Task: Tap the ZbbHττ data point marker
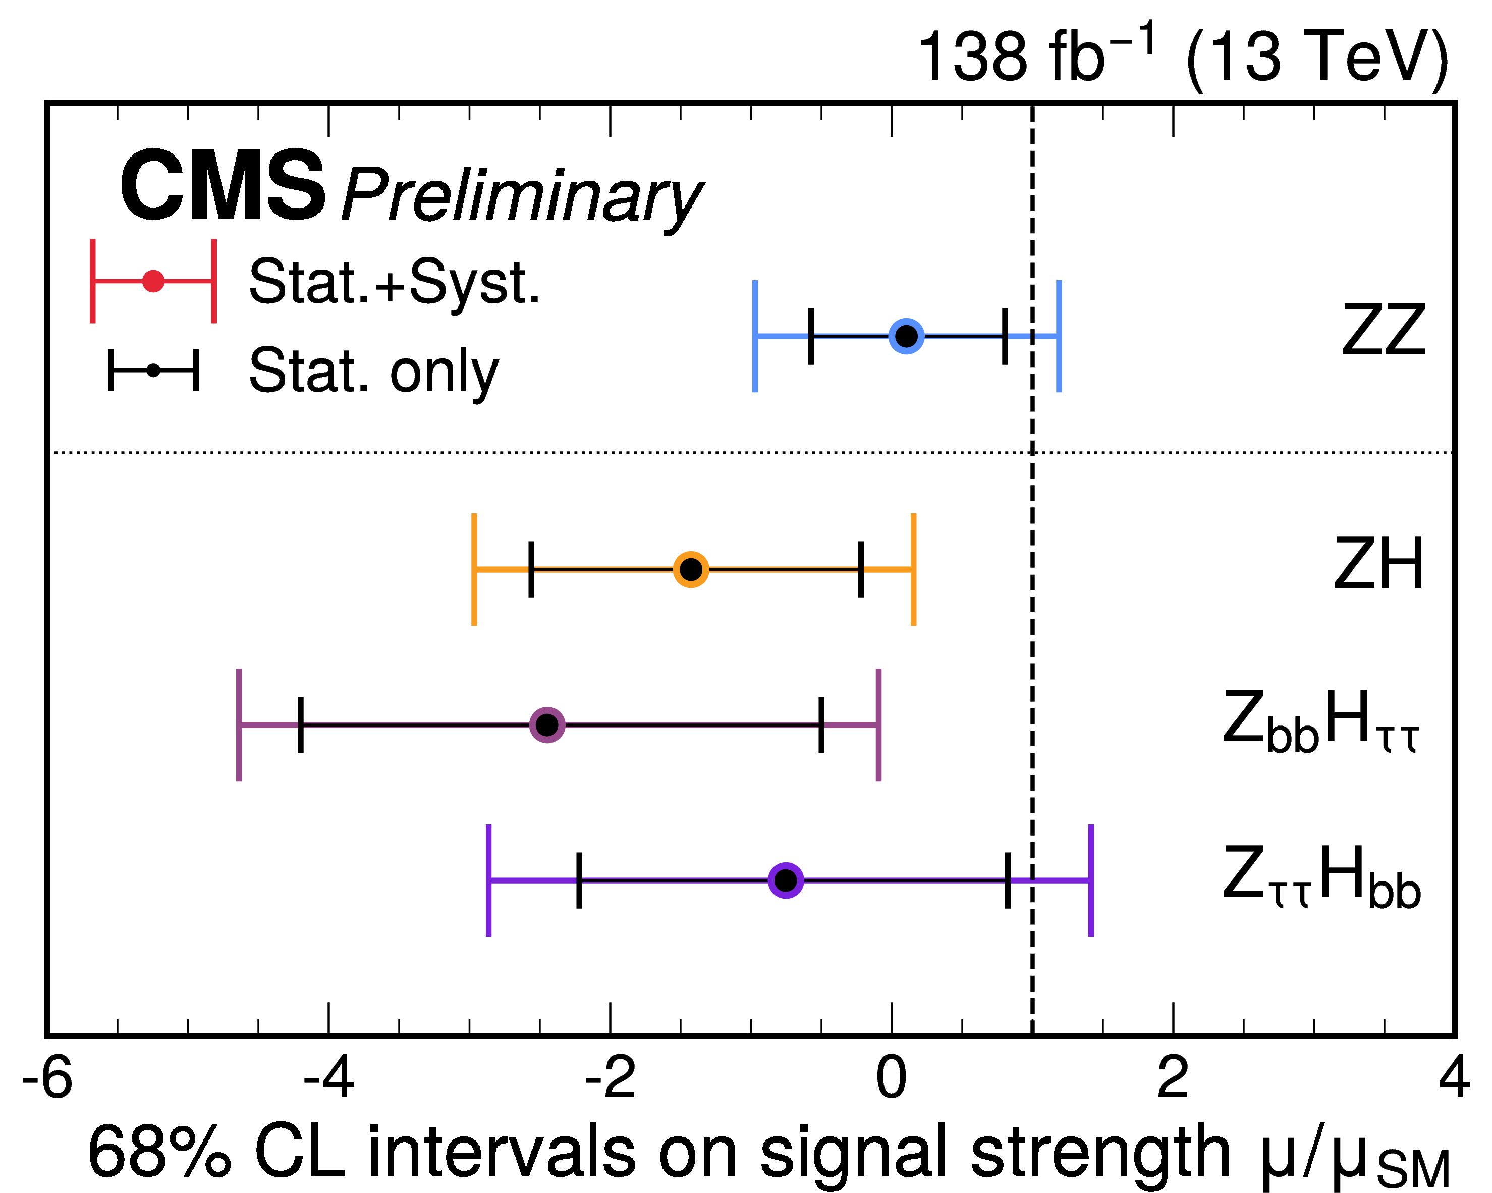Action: (x=547, y=725)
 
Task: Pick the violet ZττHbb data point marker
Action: (x=786, y=880)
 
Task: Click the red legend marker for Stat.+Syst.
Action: (x=153, y=281)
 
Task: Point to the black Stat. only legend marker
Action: (x=153, y=371)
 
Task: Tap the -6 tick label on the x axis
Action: (x=47, y=1079)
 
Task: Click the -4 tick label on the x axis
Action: (x=328, y=1079)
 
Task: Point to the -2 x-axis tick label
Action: (x=611, y=1079)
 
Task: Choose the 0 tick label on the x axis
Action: (x=892, y=1079)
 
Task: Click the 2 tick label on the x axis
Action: (x=1173, y=1079)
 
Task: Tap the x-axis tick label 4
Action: (x=1454, y=1079)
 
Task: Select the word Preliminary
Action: (x=522, y=198)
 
